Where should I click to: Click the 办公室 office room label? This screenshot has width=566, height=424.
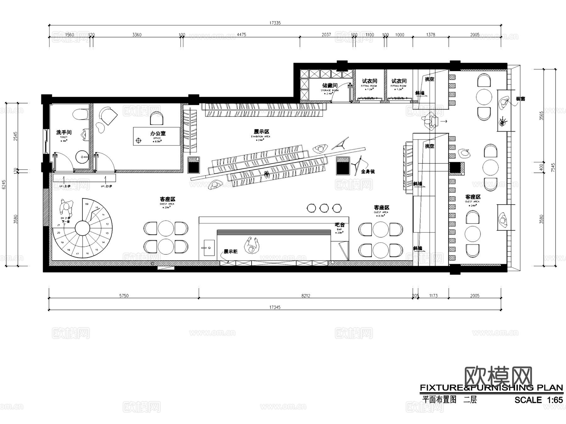158,133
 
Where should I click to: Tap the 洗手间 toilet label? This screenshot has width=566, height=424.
64,132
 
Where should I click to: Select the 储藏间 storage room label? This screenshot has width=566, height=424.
330,85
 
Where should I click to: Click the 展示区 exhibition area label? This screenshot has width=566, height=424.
261,132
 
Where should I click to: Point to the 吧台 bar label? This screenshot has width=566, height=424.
340,225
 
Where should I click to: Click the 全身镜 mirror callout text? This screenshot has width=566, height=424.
368,172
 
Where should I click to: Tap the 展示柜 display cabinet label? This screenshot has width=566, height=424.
230,252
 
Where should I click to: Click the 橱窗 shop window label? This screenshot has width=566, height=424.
520,99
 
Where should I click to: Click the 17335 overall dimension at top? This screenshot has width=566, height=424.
275,23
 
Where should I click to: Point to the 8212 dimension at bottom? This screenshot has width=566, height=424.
305,296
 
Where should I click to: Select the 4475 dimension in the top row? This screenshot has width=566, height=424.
241,35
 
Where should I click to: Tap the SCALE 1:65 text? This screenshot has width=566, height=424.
538,400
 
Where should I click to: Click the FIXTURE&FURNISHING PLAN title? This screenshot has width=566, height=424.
491,387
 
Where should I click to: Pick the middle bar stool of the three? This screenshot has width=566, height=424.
324,208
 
